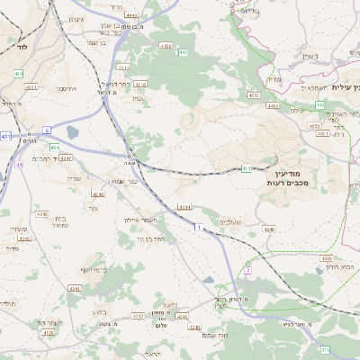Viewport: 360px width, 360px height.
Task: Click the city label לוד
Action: click(21, 44)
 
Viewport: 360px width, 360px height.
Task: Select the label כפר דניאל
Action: click(133, 85)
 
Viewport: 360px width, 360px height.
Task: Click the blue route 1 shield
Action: click(197, 228)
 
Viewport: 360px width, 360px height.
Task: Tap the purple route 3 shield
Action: click(247, 270)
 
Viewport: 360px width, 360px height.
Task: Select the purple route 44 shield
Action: click(19, 166)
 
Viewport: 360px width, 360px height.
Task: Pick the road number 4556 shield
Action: click(326, 257)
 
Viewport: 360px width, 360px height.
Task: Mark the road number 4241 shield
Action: click(75, 288)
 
